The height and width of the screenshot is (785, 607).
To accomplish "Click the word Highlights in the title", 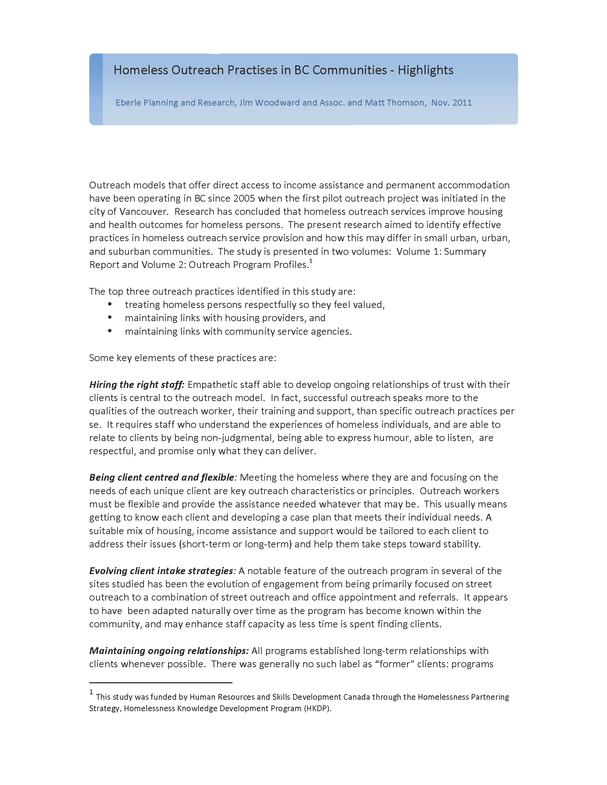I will [425, 70].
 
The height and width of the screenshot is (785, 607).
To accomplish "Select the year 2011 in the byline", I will [462, 103].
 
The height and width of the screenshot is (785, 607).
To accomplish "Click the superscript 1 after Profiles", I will [311, 261].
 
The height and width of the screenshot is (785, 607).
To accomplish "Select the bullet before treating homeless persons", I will [110, 304].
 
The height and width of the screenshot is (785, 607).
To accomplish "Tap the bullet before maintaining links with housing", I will [110, 318].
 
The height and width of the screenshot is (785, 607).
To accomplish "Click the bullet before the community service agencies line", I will [110, 331].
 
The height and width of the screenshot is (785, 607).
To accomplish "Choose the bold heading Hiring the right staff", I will [137, 385].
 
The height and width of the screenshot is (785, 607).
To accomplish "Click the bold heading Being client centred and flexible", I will [162, 477].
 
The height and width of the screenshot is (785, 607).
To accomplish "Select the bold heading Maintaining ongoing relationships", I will [169, 650].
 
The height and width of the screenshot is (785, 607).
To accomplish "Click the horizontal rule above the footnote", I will [160, 682].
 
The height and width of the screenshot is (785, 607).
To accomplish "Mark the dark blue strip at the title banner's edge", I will [96, 89].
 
